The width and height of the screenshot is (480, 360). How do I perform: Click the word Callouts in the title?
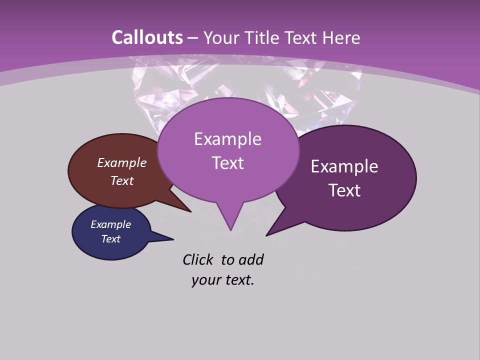tap(147, 37)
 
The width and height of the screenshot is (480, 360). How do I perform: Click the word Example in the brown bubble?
tap(122, 163)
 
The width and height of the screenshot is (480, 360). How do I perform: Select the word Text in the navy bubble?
tap(111, 239)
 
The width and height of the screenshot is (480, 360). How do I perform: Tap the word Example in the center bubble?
tap(227, 139)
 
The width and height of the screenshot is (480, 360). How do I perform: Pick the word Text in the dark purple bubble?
tap(345, 190)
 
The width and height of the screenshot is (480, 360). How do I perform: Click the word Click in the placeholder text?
tap(198, 259)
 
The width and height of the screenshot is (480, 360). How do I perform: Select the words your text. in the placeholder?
tap(223, 280)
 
